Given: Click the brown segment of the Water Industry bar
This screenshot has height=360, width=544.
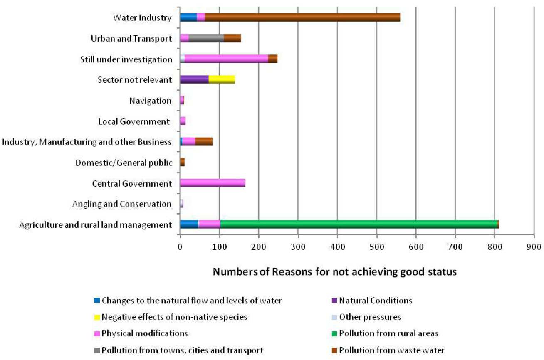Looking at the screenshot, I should click(302, 17).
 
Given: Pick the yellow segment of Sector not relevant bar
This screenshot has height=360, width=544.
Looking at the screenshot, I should click(222, 80).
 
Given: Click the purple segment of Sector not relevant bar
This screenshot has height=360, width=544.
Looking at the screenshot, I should click(194, 80).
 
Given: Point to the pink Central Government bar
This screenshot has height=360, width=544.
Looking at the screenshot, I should click(213, 183).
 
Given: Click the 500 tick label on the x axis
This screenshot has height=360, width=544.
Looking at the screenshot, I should click(377, 247).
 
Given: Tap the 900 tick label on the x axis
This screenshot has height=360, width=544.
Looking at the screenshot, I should click(534, 247).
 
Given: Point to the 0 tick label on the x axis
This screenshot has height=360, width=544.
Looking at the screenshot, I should click(180, 247).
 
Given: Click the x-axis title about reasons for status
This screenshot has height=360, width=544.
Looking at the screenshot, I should click(335, 272).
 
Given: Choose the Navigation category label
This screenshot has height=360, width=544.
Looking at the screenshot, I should click(151, 101).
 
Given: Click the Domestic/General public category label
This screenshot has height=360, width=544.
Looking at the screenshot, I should click(124, 163).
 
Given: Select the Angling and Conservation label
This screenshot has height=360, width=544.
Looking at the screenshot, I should click(122, 204).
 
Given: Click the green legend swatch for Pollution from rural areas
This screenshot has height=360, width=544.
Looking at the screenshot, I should click(334, 334).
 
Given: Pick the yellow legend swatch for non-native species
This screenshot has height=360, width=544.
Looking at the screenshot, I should click(97, 317).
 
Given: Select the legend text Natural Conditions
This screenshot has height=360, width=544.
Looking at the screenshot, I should click(376, 301).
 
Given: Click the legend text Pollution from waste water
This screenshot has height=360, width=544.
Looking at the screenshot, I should click(392, 350).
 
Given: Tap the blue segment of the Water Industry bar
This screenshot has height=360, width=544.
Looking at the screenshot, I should click(188, 17).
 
